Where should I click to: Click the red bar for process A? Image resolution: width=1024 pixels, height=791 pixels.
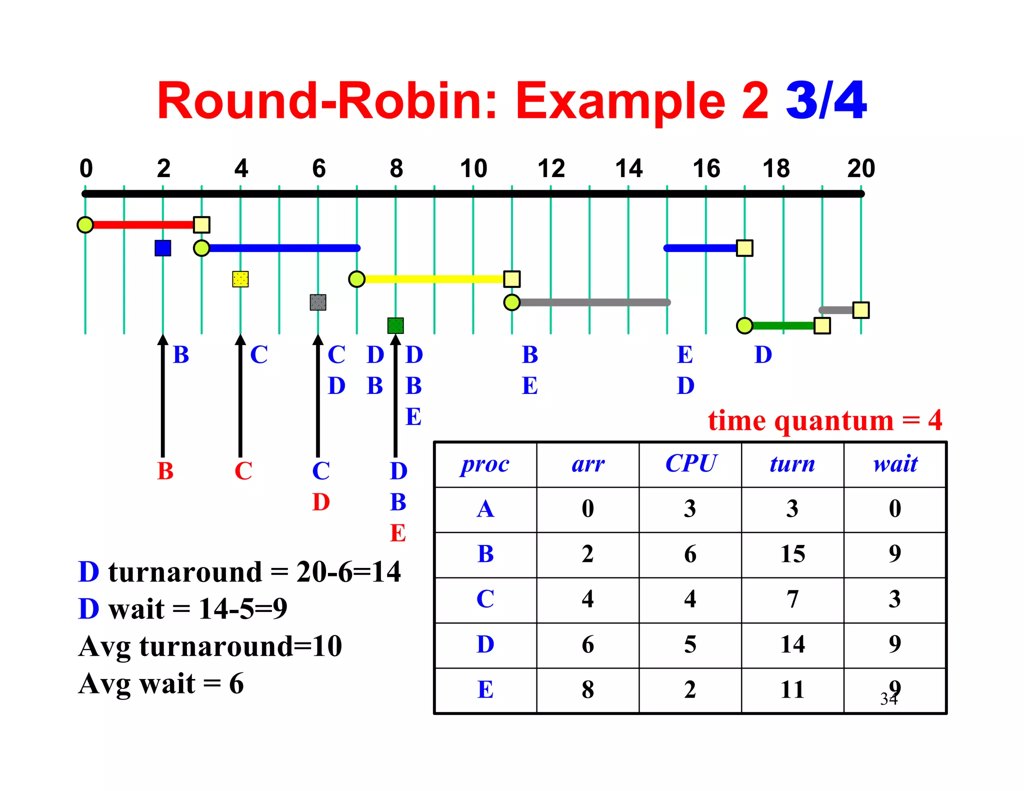pos(142,224)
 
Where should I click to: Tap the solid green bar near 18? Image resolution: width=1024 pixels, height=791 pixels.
pos(783,325)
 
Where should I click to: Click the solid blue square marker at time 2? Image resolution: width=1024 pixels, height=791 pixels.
pos(163,248)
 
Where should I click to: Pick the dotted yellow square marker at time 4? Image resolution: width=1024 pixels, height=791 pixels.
pos(240,279)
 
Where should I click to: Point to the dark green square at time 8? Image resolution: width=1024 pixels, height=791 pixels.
pos(395,325)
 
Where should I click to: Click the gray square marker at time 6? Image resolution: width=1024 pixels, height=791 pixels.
pos(318,302)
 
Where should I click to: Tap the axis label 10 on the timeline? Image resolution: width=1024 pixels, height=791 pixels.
pos(473,168)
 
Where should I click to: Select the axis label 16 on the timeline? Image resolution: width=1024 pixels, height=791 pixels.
pos(706,168)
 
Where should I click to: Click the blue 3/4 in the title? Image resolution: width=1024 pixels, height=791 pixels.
pos(826,101)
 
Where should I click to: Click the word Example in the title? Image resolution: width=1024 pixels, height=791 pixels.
pos(620,101)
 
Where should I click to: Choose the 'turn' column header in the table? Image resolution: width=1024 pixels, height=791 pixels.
pos(792,464)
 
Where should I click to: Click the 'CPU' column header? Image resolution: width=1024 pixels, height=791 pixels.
pos(690,464)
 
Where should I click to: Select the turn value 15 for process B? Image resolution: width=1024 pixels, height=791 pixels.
pos(792,554)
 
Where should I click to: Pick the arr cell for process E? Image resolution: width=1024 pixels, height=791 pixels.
pos(587,689)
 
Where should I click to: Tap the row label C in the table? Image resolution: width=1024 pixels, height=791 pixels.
pos(485,599)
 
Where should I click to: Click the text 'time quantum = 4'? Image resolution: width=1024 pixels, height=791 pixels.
pos(824,420)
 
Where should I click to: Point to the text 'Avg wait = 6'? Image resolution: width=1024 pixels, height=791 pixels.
pos(161,683)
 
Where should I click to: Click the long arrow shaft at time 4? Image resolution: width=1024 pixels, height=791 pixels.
pos(240,400)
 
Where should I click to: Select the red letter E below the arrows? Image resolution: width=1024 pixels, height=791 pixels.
pos(398,533)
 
